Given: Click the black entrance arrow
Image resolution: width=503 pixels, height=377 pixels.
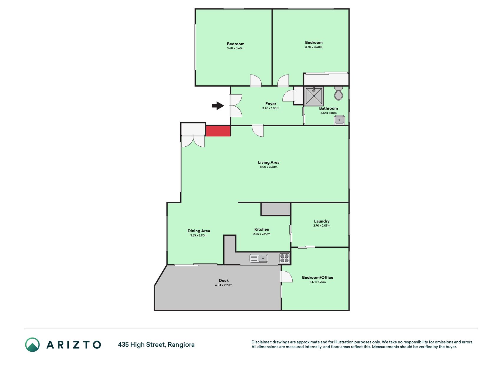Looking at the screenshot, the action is click(x=218, y=105).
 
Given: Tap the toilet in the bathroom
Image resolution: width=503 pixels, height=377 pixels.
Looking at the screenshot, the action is click(x=339, y=93).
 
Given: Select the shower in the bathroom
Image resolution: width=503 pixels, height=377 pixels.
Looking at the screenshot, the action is click(x=314, y=96).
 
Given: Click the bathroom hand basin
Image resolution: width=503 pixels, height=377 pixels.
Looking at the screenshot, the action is click(x=339, y=120).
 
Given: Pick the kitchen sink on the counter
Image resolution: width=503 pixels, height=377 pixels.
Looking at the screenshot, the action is click(x=259, y=258).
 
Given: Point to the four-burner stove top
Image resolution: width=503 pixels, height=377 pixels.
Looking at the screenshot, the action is click(x=285, y=258).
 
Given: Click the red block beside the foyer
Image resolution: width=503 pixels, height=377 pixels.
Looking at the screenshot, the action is click(x=218, y=131).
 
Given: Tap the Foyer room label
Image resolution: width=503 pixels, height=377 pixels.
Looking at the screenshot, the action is click(x=271, y=104).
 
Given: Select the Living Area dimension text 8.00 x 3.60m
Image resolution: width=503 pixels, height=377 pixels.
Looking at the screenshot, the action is click(x=269, y=167).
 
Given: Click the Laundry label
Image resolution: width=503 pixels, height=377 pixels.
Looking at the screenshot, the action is click(x=322, y=221).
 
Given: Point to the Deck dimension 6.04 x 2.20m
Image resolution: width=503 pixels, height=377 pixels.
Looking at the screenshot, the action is click(x=224, y=285).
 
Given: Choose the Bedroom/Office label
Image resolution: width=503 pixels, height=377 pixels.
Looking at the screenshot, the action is click(x=318, y=277).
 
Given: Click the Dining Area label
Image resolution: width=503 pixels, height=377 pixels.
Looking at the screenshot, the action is click(x=199, y=231).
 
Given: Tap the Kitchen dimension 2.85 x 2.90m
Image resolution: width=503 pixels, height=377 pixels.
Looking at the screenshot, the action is click(x=262, y=234).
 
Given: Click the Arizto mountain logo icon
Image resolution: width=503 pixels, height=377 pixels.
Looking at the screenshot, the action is click(x=32, y=345).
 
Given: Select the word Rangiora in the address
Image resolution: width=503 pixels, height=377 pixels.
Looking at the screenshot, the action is click(x=181, y=345).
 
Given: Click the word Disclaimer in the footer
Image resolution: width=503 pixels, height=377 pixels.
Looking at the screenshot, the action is click(x=261, y=342).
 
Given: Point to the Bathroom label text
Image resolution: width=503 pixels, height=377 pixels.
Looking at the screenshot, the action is click(x=329, y=108).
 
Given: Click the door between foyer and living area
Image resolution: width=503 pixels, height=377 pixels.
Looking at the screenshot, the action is click(x=258, y=130).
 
